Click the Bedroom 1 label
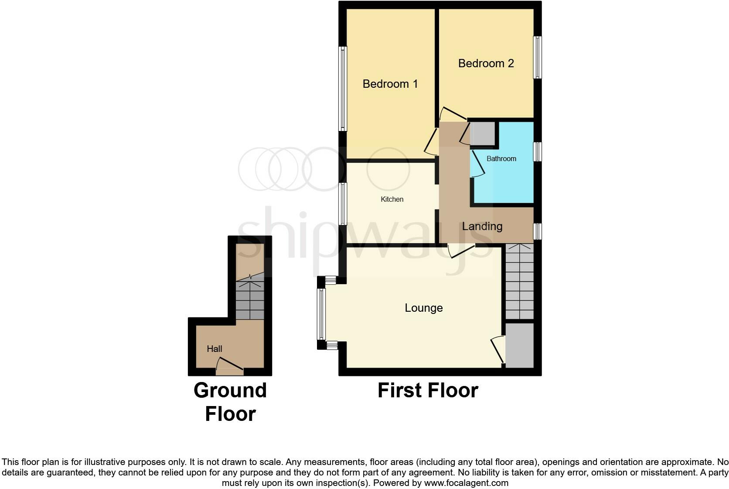[x=390, y=84]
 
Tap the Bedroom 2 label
[x=486, y=63]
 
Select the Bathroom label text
[x=501, y=158]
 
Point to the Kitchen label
[x=392, y=199]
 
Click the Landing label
[x=482, y=226]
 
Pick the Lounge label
[x=423, y=308]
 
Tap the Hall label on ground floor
[x=214, y=349]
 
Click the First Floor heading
[x=428, y=390]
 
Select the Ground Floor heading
[x=230, y=402]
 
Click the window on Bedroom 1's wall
[x=343, y=89]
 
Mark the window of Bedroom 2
[x=538, y=57]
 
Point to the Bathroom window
[x=538, y=152]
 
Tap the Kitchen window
[x=343, y=204]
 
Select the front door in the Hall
[x=229, y=371]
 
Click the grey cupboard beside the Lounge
[x=519, y=345]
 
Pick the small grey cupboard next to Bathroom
[x=483, y=134]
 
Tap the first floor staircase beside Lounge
[x=519, y=282]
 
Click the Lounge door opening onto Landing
[x=461, y=250]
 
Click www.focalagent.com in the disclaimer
[x=466, y=483]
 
